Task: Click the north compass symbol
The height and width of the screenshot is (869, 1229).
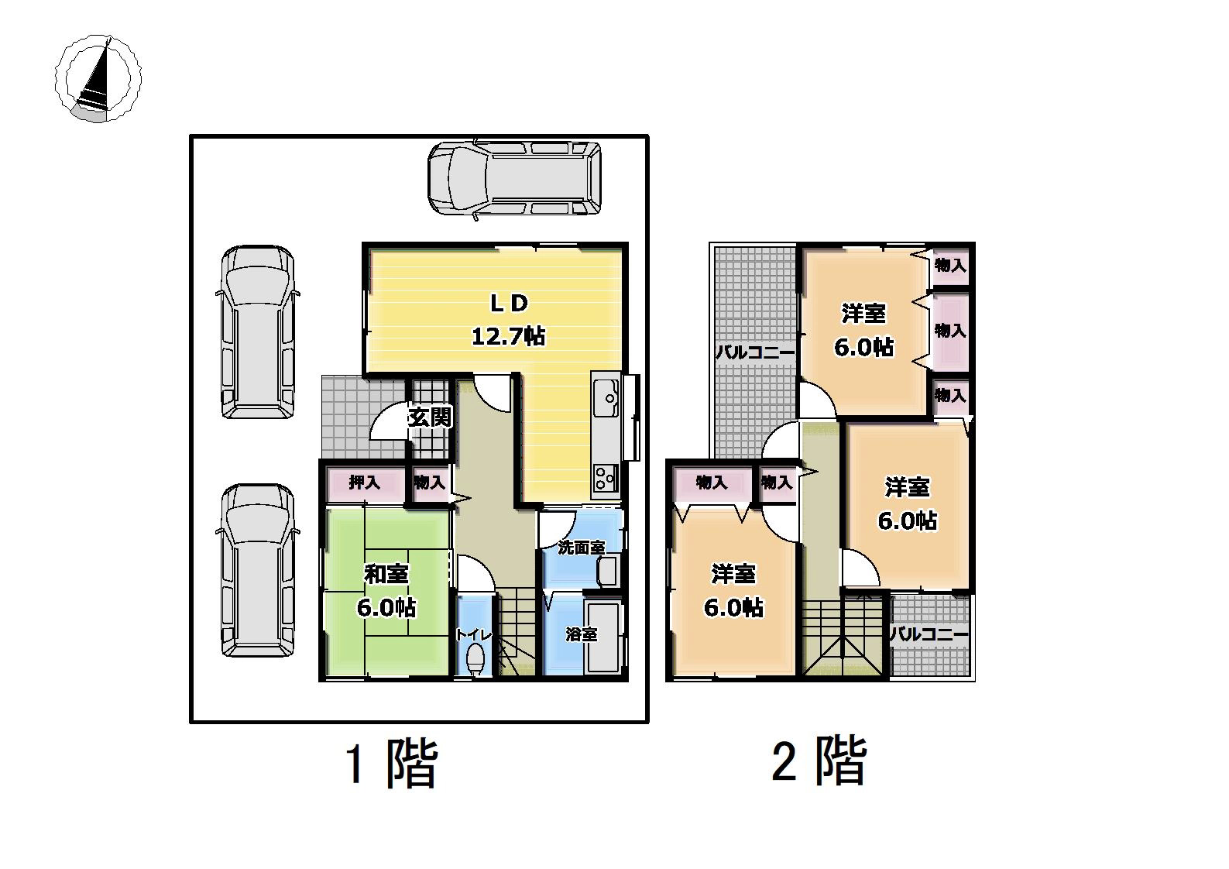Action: (98, 78)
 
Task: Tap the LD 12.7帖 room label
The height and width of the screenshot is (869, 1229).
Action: (509, 319)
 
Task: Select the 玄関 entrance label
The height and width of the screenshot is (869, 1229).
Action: (430, 417)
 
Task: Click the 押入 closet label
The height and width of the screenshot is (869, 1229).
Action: (364, 483)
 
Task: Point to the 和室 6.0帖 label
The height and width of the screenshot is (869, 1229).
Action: (386, 591)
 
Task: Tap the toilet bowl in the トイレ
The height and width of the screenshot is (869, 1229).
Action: (475, 659)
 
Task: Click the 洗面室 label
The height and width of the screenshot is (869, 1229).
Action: (582, 548)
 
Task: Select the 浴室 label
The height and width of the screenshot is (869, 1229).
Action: (582, 635)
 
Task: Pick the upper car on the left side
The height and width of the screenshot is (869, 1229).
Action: (258, 332)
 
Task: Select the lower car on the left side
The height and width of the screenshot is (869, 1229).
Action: (258, 571)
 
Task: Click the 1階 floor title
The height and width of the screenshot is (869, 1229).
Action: (391, 764)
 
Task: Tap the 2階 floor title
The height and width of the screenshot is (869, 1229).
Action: (819, 761)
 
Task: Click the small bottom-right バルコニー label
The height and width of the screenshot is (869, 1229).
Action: (929, 635)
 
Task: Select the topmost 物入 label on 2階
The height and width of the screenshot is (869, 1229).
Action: (950, 266)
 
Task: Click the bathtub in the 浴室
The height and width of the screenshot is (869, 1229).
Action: (603, 637)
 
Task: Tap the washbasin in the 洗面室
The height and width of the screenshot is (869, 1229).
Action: (608, 571)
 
